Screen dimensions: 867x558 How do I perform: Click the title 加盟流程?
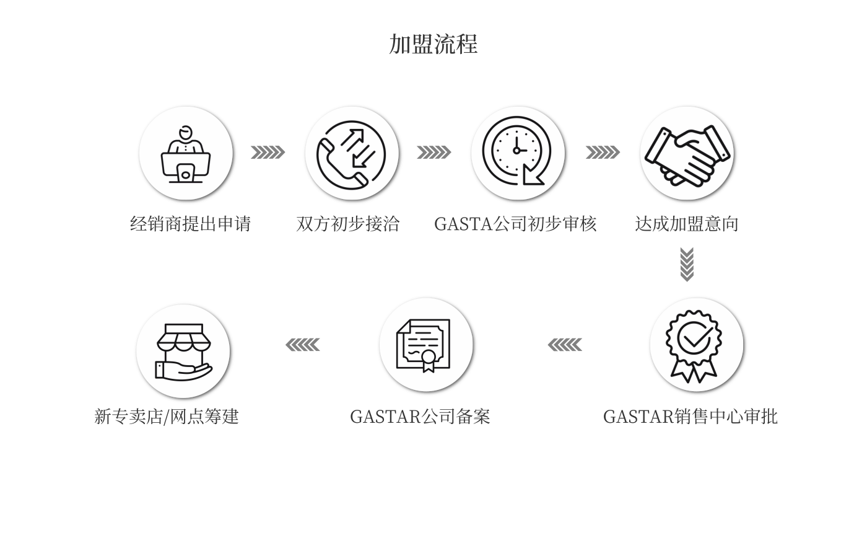tap(433, 44)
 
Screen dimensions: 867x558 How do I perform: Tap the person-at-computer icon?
tap(186, 154)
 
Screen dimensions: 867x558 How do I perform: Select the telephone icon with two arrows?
tap(351, 155)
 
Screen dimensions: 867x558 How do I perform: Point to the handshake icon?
tap(687, 156)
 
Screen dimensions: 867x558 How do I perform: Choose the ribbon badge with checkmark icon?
tap(694, 346)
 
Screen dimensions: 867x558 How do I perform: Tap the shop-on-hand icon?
tap(183, 352)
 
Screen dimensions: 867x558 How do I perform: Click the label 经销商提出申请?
tap(191, 224)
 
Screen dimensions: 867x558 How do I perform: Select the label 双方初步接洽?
tap(348, 224)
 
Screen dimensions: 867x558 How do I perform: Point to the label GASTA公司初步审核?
tap(515, 224)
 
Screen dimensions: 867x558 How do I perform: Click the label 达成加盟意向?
tap(687, 224)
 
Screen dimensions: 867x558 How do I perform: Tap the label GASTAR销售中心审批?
tap(691, 417)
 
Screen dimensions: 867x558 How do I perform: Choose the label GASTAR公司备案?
tap(420, 417)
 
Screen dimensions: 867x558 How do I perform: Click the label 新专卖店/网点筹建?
tap(167, 417)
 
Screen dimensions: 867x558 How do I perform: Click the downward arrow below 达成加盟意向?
tap(687, 265)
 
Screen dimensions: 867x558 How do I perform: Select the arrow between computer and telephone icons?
tap(268, 153)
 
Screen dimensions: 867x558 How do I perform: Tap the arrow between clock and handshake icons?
tap(603, 153)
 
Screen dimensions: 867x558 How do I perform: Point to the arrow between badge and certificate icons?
tap(565, 345)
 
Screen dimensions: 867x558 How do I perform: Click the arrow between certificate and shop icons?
tap(303, 345)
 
